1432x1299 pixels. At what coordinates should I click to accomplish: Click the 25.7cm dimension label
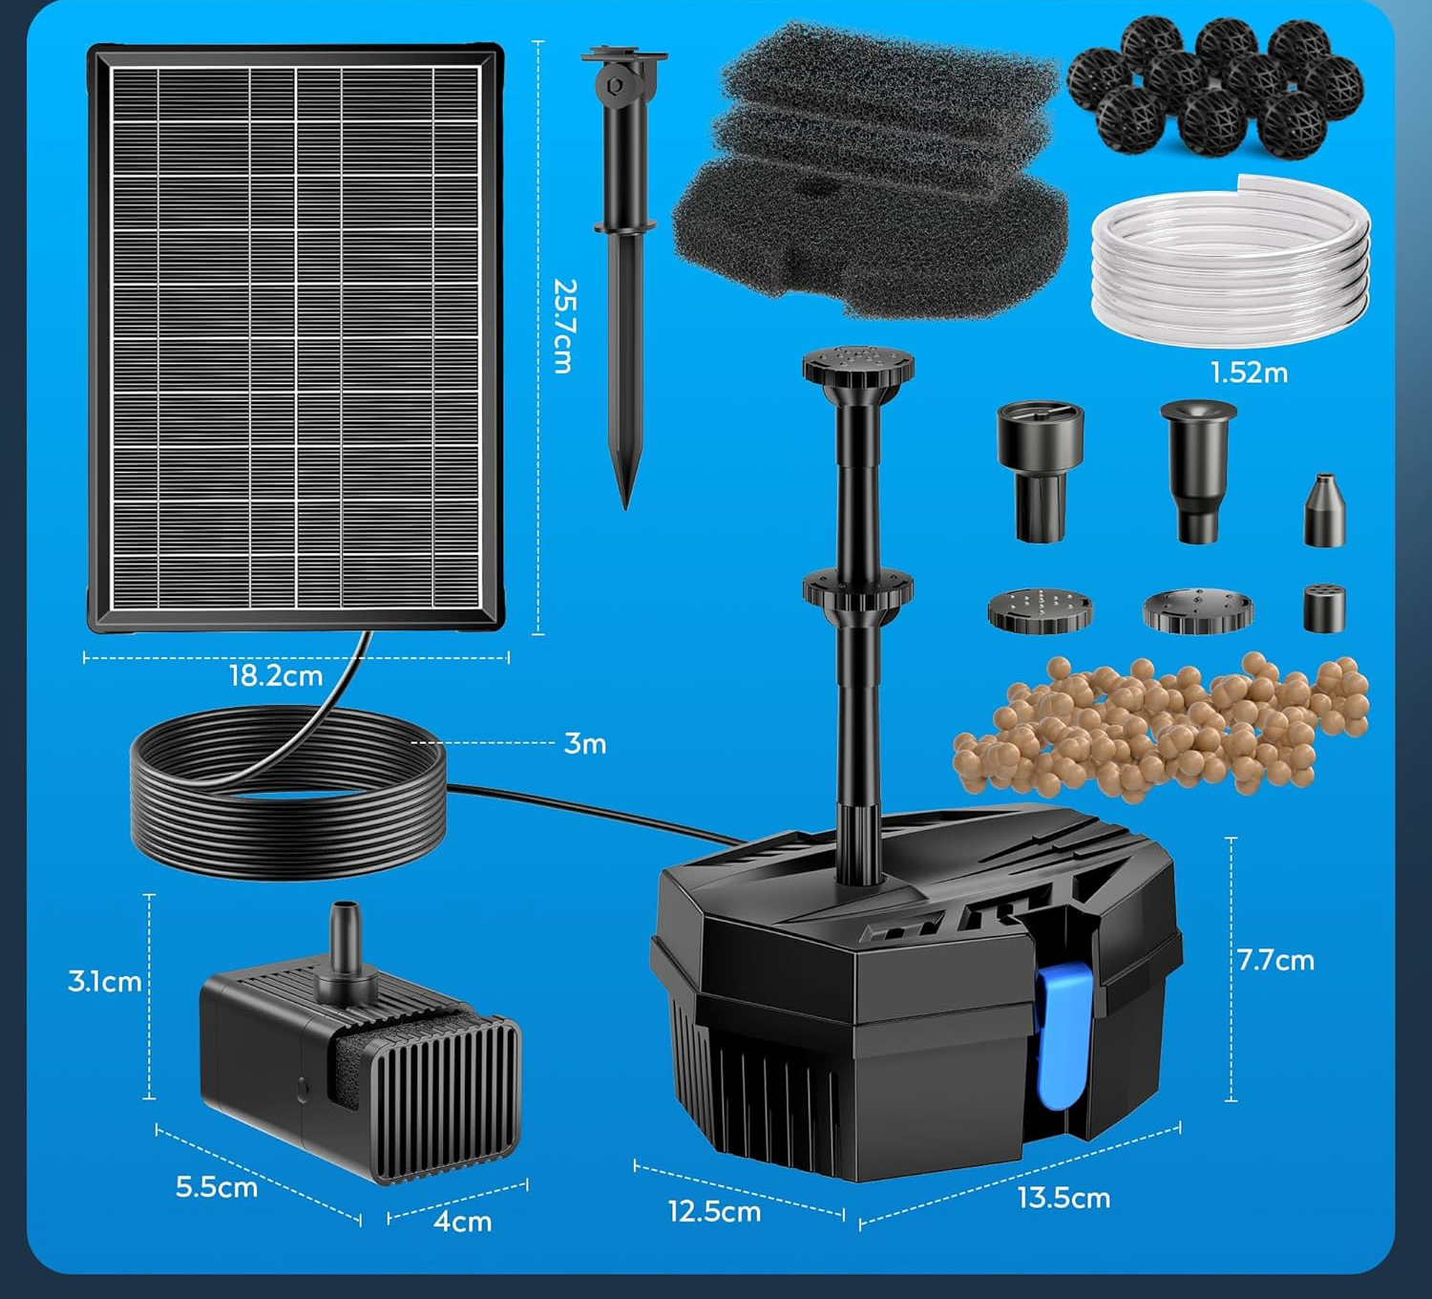(565, 326)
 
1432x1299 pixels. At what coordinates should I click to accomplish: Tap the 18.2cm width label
(275, 676)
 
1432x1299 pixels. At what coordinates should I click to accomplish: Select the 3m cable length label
(585, 743)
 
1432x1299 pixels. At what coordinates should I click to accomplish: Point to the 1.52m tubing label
(1249, 373)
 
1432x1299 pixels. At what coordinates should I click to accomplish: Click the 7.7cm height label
(1275, 960)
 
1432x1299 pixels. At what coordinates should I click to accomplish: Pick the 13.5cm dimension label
(1063, 1198)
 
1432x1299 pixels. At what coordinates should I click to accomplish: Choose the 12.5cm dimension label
(714, 1211)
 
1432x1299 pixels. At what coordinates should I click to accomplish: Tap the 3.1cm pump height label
(105, 981)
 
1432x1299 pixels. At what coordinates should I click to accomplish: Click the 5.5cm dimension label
(217, 1187)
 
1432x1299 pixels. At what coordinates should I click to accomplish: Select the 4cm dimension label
(462, 1221)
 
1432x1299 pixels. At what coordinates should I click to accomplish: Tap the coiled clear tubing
(1232, 263)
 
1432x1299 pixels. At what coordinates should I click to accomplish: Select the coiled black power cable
(286, 793)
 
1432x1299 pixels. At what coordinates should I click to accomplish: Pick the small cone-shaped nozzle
(1324, 512)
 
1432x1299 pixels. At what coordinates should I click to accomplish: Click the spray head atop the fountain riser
(858, 366)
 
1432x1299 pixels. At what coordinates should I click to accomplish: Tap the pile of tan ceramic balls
(1160, 726)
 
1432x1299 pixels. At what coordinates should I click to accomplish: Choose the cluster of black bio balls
(1215, 86)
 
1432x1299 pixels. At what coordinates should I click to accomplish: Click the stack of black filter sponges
(869, 172)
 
